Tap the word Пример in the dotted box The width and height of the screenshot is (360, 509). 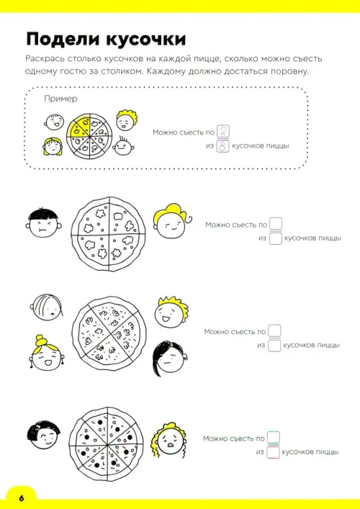[x=60, y=99]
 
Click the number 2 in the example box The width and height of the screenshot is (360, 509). [x=223, y=132]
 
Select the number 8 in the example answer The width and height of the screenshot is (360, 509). [x=223, y=146]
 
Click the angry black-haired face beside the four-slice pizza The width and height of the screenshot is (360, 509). [x=43, y=224]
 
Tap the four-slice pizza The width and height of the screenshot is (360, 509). [x=108, y=234]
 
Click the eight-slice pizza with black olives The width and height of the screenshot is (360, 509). [x=107, y=443]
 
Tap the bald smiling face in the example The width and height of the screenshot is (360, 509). [x=54, y=122]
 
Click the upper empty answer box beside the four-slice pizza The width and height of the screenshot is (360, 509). [x=276, y=224]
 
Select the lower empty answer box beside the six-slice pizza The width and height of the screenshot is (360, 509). [x=274, y=345]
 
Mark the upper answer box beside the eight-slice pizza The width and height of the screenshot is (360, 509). [x=274, y=438]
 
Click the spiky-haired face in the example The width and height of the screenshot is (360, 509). [x=124, y=148]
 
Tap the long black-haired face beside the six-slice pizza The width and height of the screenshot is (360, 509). [x=169, y=359]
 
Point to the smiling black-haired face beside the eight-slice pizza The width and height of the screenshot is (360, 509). [x=45, y=436]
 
